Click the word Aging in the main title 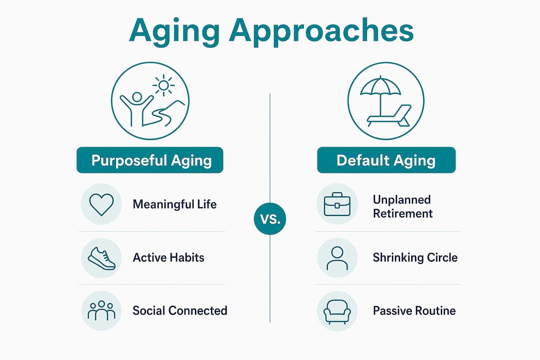coord(174,31)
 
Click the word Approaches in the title coord(321,31)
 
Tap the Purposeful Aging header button coord(150,160)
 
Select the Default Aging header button coord(386,160)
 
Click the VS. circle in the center coord(270,219)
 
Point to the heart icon coord(101,204)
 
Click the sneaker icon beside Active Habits coord(101,258)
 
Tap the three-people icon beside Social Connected coord(101,310)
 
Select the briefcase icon coord(337,204)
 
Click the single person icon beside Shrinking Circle coord(337,258)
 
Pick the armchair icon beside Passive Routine coord(337,311)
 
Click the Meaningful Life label coord(174,204)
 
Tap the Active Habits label coord(168,257)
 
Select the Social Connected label coord(180,310)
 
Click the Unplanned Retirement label coord(402,206)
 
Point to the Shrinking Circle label coord(415,257)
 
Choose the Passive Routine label coord(414,310)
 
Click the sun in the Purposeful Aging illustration coord(163,85)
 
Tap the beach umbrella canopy coord(380,85)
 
